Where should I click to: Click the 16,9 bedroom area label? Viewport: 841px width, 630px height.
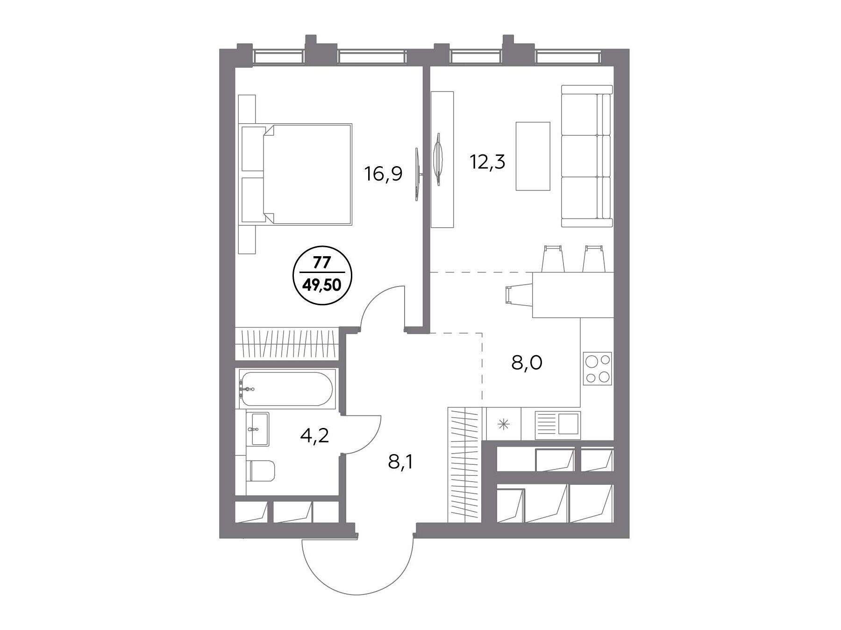coord(383,174)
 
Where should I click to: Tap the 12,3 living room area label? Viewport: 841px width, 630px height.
coord(487,163)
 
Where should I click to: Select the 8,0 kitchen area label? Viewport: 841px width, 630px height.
coord(527,362)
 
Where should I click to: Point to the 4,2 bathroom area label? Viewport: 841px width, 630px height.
coord(314,435)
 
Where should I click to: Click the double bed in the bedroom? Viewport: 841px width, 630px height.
coord(296,175)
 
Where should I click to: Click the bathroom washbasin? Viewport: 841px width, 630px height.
coord(259,428)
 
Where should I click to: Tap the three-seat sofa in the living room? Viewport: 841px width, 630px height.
coord(587,156)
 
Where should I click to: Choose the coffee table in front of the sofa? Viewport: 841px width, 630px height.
coord(533,156)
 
